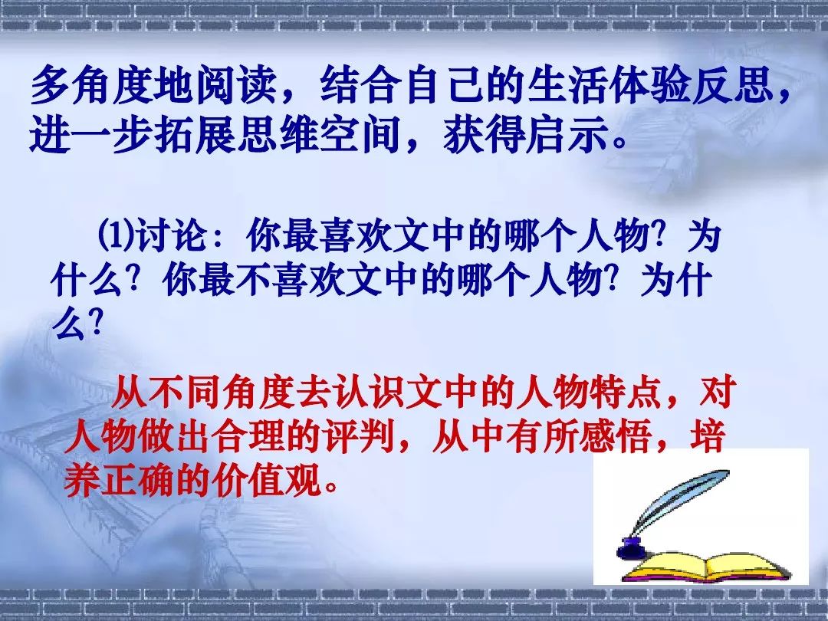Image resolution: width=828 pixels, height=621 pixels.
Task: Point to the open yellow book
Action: [x=706, y=567]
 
